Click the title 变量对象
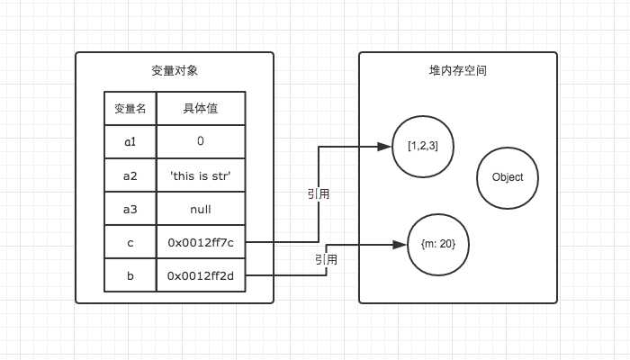point(174,71)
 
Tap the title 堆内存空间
point(458,70)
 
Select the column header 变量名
point(130,109)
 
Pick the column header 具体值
point(200,109)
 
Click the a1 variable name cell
point(130,142)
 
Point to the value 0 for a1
point(200,142)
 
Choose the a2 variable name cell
point(130,175)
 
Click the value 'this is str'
point(200,175)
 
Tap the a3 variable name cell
point(130,209)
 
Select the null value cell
point(200,209)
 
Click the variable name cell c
point(130,242)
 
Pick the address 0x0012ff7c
point(200,242)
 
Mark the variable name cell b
point(130,275)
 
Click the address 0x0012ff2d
point(200,275)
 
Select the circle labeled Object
point(508,177)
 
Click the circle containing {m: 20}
point(438,244)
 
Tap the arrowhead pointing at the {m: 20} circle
point(402,244)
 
